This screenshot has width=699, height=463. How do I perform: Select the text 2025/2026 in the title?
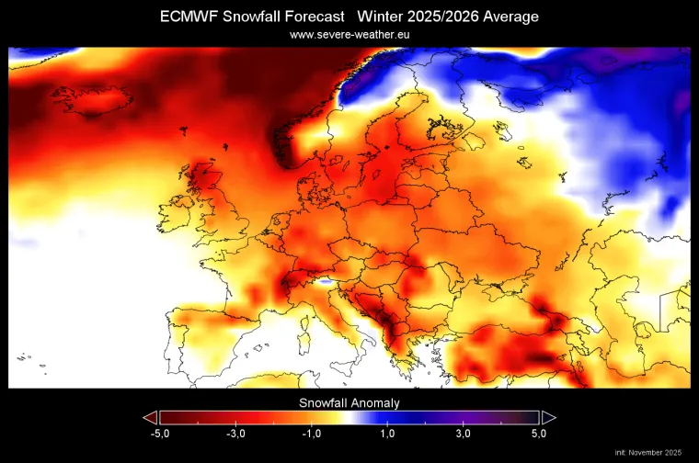point(441,17)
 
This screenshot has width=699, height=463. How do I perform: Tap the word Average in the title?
point(511,17)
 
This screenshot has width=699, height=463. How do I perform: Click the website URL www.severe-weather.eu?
point(349,34)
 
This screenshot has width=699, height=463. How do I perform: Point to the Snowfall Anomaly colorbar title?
point(349,402)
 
